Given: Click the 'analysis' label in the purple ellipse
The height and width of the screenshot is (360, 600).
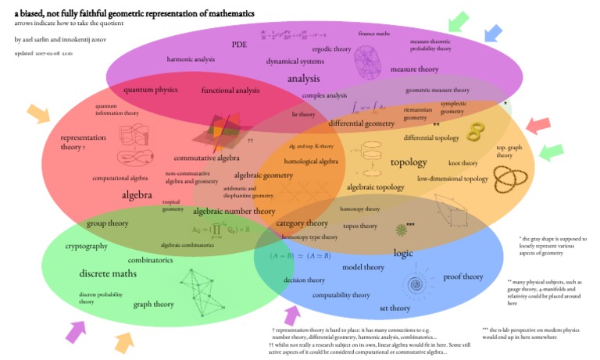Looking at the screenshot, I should [303, 79].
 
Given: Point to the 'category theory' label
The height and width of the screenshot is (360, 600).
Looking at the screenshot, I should [302, 223].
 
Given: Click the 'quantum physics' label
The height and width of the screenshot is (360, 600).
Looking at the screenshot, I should [150, 90].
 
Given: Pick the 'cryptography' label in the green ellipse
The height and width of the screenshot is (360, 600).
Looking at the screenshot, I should [87, 246].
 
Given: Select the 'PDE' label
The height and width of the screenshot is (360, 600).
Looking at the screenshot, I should [239, 45].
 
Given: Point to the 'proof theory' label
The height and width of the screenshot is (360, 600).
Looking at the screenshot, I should [463, 276].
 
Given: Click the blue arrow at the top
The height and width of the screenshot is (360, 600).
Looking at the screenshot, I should [492, 32].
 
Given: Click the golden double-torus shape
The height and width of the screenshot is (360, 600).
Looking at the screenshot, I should [473, 134].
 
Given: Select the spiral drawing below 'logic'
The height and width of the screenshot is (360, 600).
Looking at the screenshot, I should [413, 283].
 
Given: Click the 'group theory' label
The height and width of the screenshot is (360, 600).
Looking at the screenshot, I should [107, 223].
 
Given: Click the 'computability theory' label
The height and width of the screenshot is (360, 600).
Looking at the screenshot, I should [341, 295].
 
